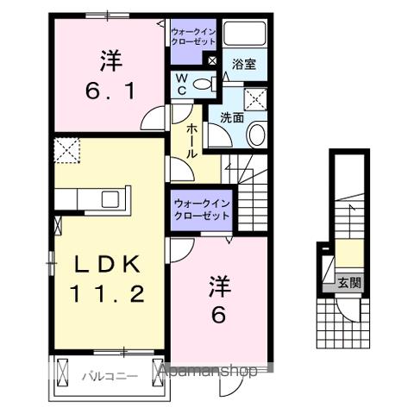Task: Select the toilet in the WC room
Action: tap(203, 84)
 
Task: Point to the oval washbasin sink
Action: tap(256, 135)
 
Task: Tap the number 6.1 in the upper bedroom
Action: tap(109, 90)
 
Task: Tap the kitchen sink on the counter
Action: tap(111, 199)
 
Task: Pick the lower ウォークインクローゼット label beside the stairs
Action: tap(200, 210)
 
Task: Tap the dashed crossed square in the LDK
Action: tap(66, 151)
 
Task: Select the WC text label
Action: tap(182, 84)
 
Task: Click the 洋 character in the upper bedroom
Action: tap(109, 60)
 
